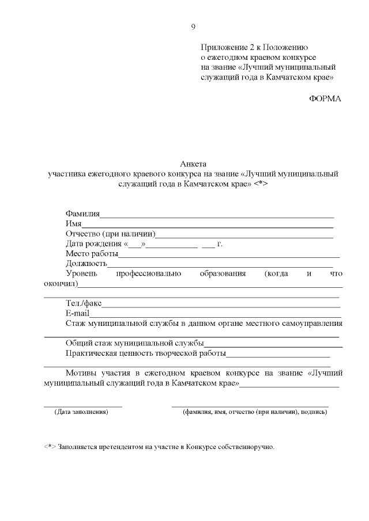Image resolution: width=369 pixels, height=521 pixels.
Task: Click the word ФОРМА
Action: coord(325,98)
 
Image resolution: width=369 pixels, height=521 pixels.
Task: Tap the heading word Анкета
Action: coord(193,164)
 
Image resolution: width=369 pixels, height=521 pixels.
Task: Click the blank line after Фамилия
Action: coord(217,216)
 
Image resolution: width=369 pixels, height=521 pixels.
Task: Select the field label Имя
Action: coord(72,224)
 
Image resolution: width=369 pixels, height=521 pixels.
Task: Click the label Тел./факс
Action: coord(83,303)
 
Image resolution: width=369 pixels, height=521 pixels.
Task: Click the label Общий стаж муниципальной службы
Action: coord(135,343)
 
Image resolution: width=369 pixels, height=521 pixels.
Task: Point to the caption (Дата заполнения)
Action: coord(81,412)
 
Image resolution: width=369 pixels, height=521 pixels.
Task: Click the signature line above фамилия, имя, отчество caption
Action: coord(250,406)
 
